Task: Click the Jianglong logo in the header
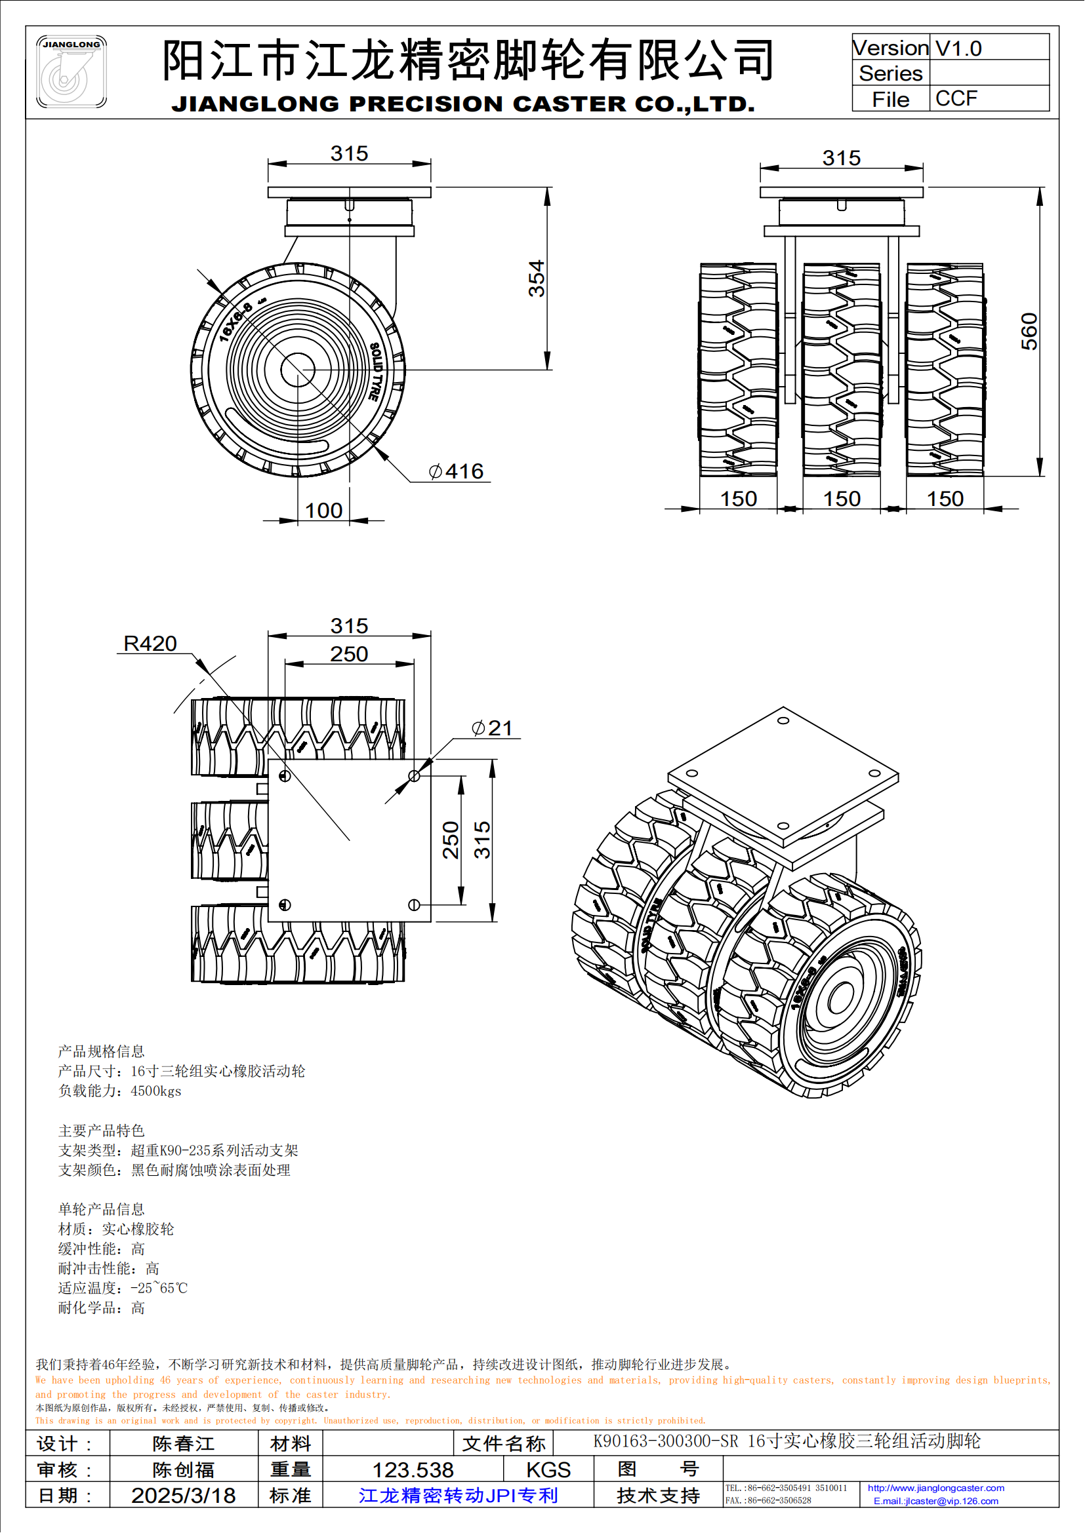(71, 72)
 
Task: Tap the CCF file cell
(956, 99)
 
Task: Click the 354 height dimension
(537, 279)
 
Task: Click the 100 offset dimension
(323, 511)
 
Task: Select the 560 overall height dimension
(1029, 332)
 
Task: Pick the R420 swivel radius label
(150, 644)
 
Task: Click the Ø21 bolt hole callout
(493, 728)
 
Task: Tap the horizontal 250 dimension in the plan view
(349, 654)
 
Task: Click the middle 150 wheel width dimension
(841, 499)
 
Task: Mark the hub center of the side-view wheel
(297, 369)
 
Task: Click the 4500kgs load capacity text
(155, 1091)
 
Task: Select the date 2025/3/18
(183, 1495)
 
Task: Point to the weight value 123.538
(412, 1469)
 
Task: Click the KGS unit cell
(548, 1469)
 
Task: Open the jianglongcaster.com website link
(935, 1488)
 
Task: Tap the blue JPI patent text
(458, 1495)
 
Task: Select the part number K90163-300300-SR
(665, 1441)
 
